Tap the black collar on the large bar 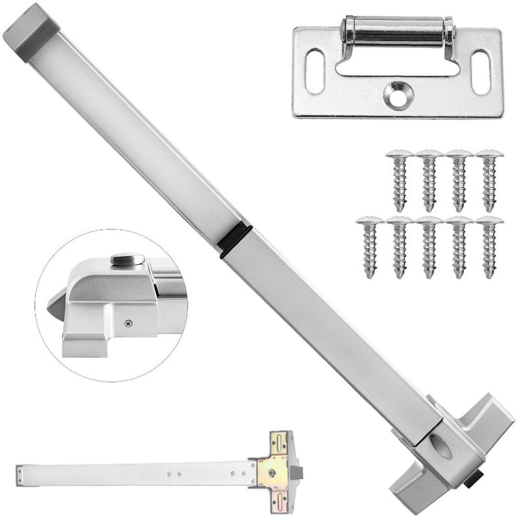(236, 240)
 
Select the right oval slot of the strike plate (481, 72)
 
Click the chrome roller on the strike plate (397, 31)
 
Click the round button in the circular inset (127, 260)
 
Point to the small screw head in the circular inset (128, 320)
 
